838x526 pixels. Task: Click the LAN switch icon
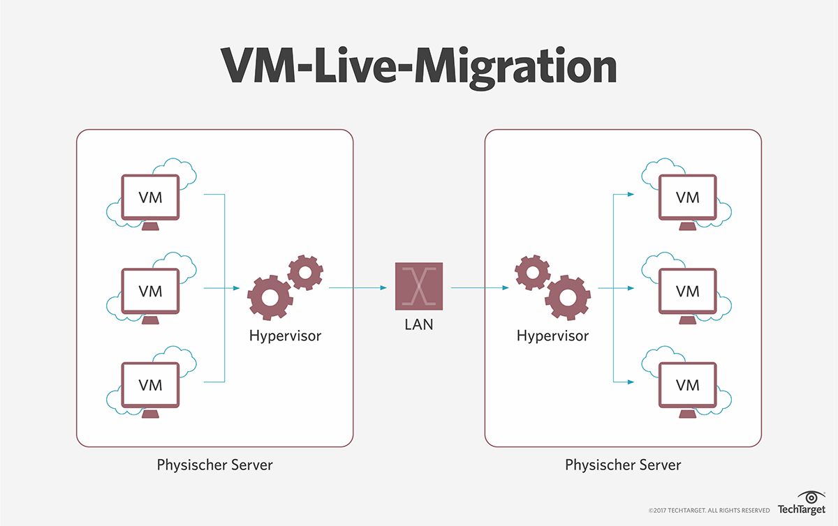419,286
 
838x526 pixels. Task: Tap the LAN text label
419,324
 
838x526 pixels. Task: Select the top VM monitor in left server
150,197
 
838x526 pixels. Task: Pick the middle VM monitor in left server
150,290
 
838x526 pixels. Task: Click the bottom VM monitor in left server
150,384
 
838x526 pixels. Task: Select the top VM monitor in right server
687,197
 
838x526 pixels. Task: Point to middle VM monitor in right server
687,290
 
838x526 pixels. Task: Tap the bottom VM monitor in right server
687,384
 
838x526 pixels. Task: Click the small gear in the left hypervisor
304,272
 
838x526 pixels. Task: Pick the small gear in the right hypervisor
532,272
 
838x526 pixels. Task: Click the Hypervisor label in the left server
285,336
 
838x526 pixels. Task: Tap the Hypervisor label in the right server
552,336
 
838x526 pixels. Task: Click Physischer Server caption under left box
215,465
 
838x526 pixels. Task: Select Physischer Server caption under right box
623,465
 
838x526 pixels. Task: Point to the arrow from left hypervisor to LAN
358,287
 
